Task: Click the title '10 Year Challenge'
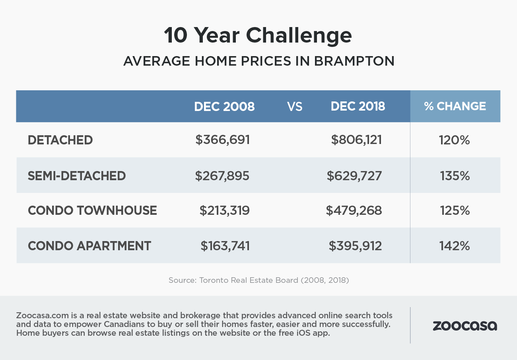[x=258, y=35]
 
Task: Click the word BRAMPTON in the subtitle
[x=354, y=61]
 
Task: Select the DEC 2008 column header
[x=224, y=107]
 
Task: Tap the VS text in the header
[x=295, y=107]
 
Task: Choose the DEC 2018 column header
[x=358, y=106]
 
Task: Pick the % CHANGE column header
[x=455, y=106]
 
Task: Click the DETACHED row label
[x=60, y=140]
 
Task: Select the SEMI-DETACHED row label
[x=77, y=176]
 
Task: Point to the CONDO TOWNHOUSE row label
[x=92, y=210]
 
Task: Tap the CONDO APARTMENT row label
[x=89, y=246]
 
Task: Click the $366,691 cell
[x=222, y=140]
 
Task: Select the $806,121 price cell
[x=356, y=140]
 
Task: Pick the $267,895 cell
[x=222, y=176]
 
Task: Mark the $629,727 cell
[x=354, y=176]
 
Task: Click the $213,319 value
[x=225, y=210]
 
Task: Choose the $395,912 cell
[x=355, y=246]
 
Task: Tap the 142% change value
[x=455, y=246]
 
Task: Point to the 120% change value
[x=455, y=140]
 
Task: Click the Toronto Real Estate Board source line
[x=259, y=280]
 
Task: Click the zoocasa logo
[x=465, y=326]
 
